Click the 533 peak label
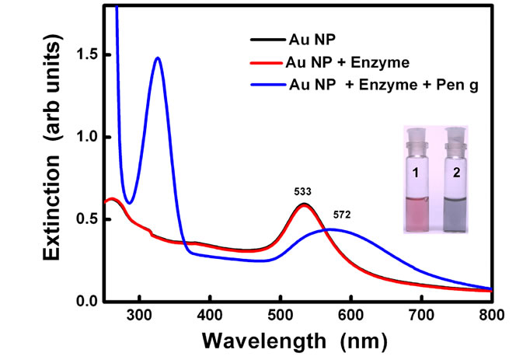click(x=303, y=192)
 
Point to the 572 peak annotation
click(x=342, y=215)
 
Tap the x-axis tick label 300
click(x=140, y=315)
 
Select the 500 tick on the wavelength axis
click(x=281, y=315)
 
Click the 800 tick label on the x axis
click(x=492, y=315)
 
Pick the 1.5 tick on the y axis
click(x=86, y=54)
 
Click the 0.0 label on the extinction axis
click(x=86, y=301)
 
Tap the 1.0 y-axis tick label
click(x=86, y=137)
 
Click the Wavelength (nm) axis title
click(x=295, y=341)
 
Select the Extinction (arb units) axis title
click(x=51, y=147)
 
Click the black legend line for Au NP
click(x=267, y=40)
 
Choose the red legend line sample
click(x=267, y=62)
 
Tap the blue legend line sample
click(x=268, y=85)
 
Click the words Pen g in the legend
click(x=457, y=86)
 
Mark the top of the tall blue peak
click(x=158, y=58)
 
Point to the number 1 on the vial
click(x=416, y=173)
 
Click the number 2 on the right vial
click(x=456, y=173)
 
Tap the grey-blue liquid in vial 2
click(x=455, y=215)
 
